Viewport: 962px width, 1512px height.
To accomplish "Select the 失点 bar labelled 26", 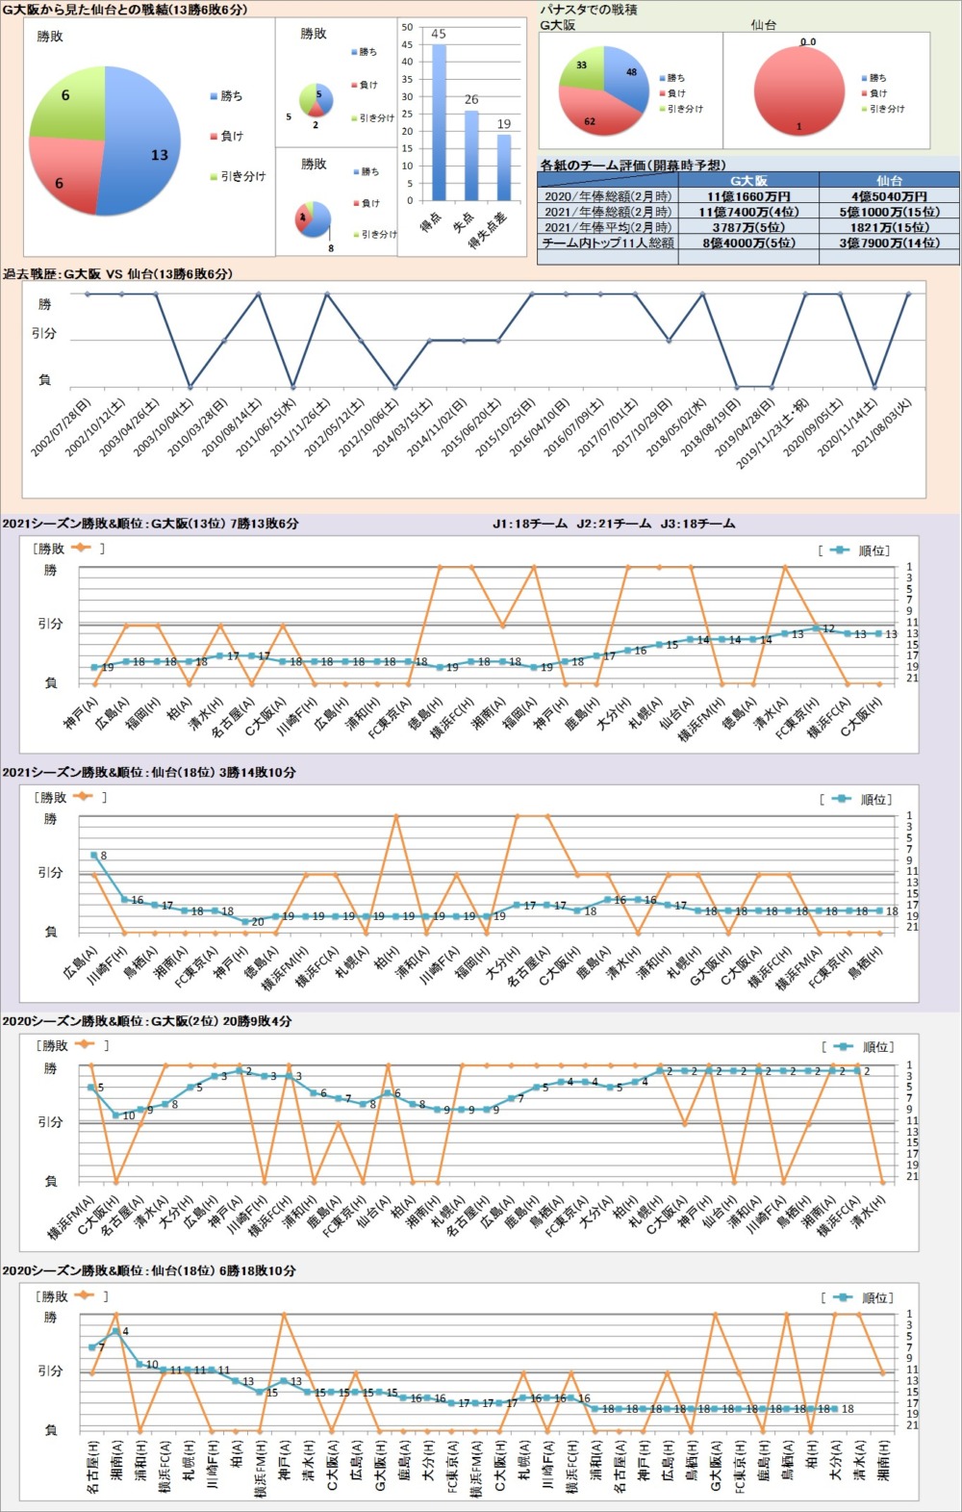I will click(471, 156).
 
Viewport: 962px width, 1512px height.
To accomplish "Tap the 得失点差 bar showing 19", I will click(504, 167).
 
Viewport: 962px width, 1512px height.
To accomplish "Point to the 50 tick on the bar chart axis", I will click(408, 27).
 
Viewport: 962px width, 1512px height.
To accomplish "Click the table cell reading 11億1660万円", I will click(748, 196).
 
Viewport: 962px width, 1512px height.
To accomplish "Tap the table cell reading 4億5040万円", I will click(889, 196).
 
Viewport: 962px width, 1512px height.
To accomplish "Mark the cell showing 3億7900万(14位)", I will click(889, 243).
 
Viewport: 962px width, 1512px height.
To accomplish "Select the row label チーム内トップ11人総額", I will click(608, 243).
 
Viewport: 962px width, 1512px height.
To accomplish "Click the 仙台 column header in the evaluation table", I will click(889, 180).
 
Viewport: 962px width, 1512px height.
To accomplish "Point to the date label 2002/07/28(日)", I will click(61, 427).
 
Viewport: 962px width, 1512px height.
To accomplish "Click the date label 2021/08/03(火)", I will click(882, 427).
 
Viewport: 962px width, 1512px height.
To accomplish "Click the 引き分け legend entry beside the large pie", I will click(241, 177).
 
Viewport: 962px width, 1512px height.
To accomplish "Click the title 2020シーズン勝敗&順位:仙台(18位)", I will click(148, 1271).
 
